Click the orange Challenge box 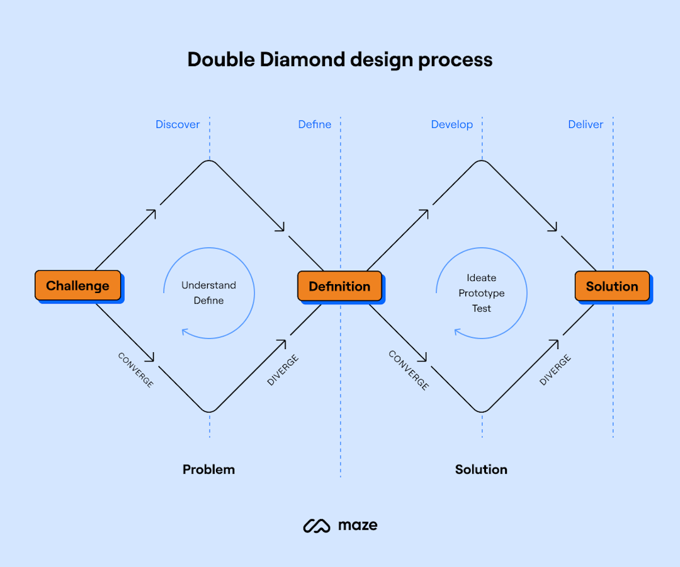tap(77, 285)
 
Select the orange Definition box tap(339, 286)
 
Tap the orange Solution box tap(612, 286)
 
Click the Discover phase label tap(178, 125)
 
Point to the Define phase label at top tap(314, 125)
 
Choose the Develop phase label tap(451, 125)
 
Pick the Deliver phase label tap(586, 125)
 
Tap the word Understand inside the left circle tap(208, 285)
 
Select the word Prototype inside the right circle tap(482, 293)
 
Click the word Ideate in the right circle tap(482, 278)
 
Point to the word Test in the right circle tap(482, 308)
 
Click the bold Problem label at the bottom tap(208, 469)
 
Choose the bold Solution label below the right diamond tap(481, 469)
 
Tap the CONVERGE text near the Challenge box tap(135, 370)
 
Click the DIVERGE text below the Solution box tap(555, 370)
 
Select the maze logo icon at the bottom tap(317, 525)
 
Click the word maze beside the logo tap(358, 525)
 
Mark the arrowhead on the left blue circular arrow tap(184, 332)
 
